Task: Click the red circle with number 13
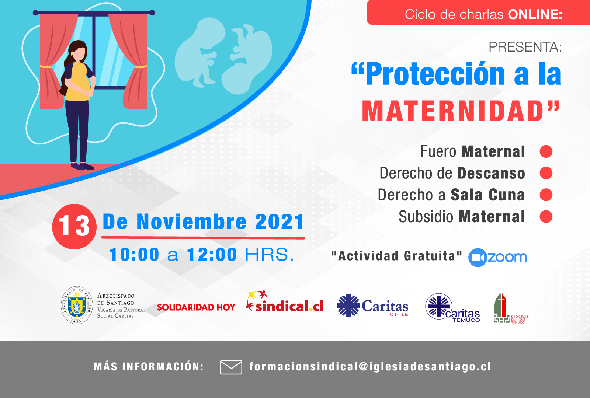[x=74, y=226]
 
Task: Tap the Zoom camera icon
[x=477, y=258]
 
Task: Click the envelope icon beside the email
[x=231, y=367]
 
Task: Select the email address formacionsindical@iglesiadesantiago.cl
[x=370, y=366]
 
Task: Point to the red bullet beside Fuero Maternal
[x=546, y=151]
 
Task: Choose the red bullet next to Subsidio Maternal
[x=546, y=217]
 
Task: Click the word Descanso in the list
[x=491, y=173]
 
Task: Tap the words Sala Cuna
[x=488, y=195]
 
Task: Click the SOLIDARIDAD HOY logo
[x=196, y=307]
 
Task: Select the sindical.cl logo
[x=285, y=302]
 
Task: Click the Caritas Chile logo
[x=372, y=306]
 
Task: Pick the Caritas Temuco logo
[x=452, y=307]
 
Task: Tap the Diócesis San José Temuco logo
[x=511, y=308]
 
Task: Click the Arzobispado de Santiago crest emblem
[x=77, y=306]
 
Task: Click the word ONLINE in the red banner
[x=535, y=14]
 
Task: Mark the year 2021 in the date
[x=279, y=221]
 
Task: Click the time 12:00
[x=212, y=255]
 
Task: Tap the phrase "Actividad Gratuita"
[x=396, y=256]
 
